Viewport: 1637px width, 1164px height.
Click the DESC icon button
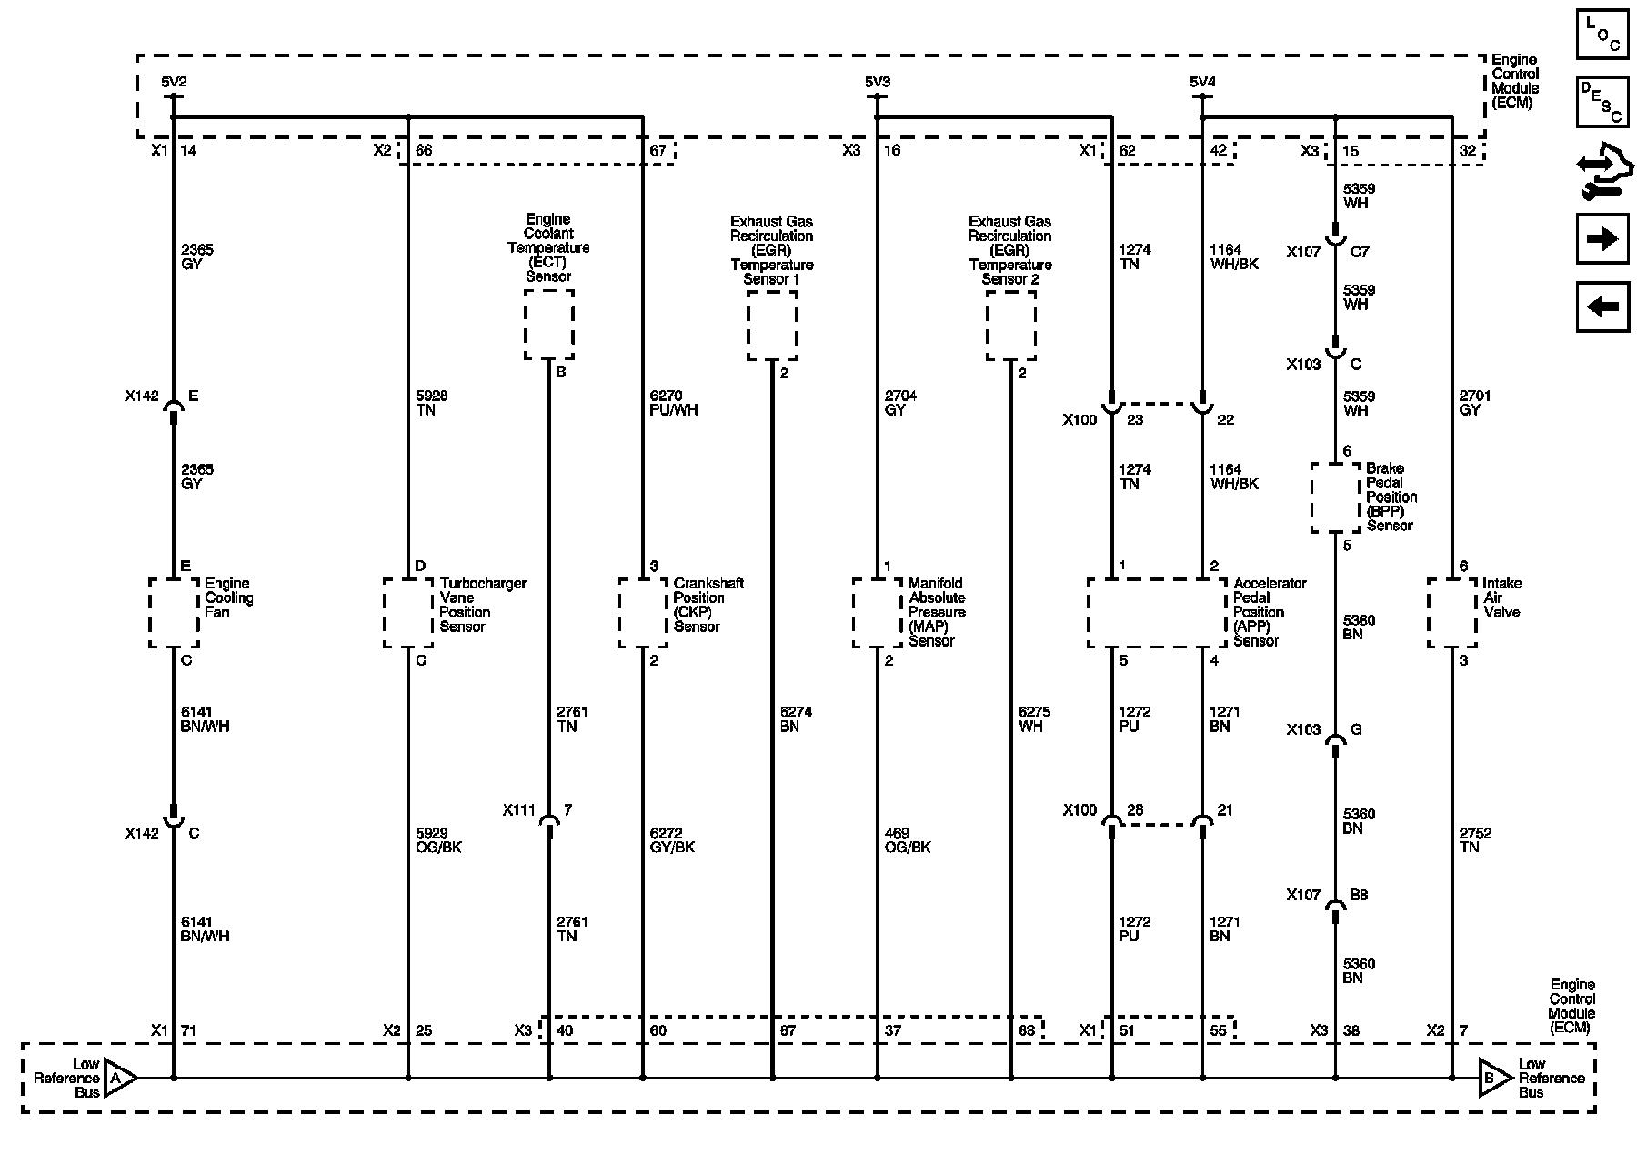coord(1602,101)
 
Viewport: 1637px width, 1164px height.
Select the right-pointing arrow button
coord(1602,239)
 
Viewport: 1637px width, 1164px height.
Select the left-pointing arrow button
coord(1602,306)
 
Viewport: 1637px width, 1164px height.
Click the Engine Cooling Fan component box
coord(174,612)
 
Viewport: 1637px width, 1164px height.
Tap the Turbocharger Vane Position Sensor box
coord(407,612)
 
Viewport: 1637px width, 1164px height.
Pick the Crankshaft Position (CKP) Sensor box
coord(643,612)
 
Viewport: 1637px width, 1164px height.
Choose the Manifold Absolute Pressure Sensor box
coord(878,612)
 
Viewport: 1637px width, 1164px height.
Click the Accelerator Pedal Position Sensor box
coord(1157,612)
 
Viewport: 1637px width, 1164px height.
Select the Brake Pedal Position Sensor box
coord(1335,497)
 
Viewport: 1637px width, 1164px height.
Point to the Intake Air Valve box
coord(1451,612)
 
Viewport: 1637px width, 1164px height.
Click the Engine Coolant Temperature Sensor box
coord(549,325)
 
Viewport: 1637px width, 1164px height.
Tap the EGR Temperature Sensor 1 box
coord(772,326)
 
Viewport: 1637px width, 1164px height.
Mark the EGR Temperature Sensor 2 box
coord(1010,326)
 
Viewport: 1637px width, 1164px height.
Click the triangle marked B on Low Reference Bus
coord(1493,1079)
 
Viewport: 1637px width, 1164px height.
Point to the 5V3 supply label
coord(878,83)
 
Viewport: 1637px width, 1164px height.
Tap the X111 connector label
coord(519,810)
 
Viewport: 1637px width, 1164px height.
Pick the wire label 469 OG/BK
coord(908,840)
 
